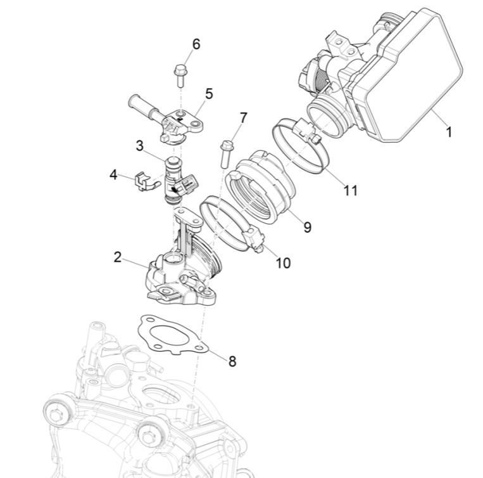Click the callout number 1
[x=449, y=132]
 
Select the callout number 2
[x=117, y=257]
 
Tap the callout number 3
[x=140, y=146]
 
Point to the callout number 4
[x=114, y=174]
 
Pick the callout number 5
[x=208, y=94]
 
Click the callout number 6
[x=196, y=44]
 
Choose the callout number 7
[x=243, y=118]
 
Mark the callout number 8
[x=232, y=361]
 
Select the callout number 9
[x=307, y=227]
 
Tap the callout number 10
[x=283, y=262]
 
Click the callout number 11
[x=350, y=190]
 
